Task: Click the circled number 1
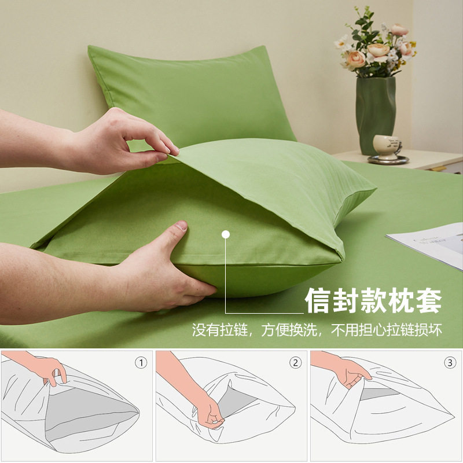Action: [141, 363]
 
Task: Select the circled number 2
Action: [296, 363]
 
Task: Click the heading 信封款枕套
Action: [373, 301]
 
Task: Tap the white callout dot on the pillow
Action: [226, 234]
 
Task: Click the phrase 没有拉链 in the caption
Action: [221, 330]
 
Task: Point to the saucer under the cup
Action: [388, 160]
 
